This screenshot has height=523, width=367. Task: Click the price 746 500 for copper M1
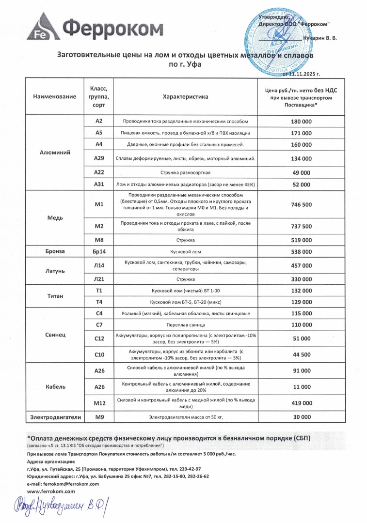pos(302,205)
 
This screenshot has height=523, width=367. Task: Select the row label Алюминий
pos(55,152)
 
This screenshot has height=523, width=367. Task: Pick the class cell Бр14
pos(99,252)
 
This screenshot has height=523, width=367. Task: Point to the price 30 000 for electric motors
pos(302,416)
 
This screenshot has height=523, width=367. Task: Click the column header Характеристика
pos(185,97)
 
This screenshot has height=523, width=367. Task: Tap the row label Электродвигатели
pos(55,416)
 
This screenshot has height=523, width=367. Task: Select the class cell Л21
pos(99,279)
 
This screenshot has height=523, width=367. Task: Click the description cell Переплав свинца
pos(185,324)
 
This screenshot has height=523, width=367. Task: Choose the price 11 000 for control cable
pos(302,387)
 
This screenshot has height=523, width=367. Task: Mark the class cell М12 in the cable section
pos(99,402)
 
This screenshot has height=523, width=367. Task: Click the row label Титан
pos(55,296)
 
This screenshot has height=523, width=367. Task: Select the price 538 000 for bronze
pos(302,252)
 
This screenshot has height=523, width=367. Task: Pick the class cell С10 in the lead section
pos(99,354)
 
